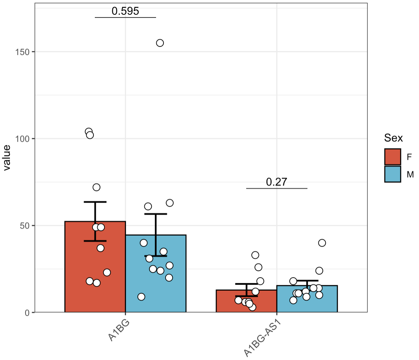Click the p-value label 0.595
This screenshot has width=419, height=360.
point(125,11)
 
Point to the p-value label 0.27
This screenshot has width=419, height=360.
point(276,182)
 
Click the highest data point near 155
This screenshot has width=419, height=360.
point(160,43)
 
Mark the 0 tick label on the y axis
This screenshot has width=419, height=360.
point(27,313)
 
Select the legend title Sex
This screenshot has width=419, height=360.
point(393,138)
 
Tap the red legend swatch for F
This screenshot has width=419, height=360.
point(392,157)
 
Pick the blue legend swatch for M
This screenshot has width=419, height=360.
point(392,174)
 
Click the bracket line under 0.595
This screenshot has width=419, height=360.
point(125,17)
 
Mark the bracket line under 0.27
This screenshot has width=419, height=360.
point(276,189)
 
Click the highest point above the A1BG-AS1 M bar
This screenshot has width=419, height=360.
point(322,243)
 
